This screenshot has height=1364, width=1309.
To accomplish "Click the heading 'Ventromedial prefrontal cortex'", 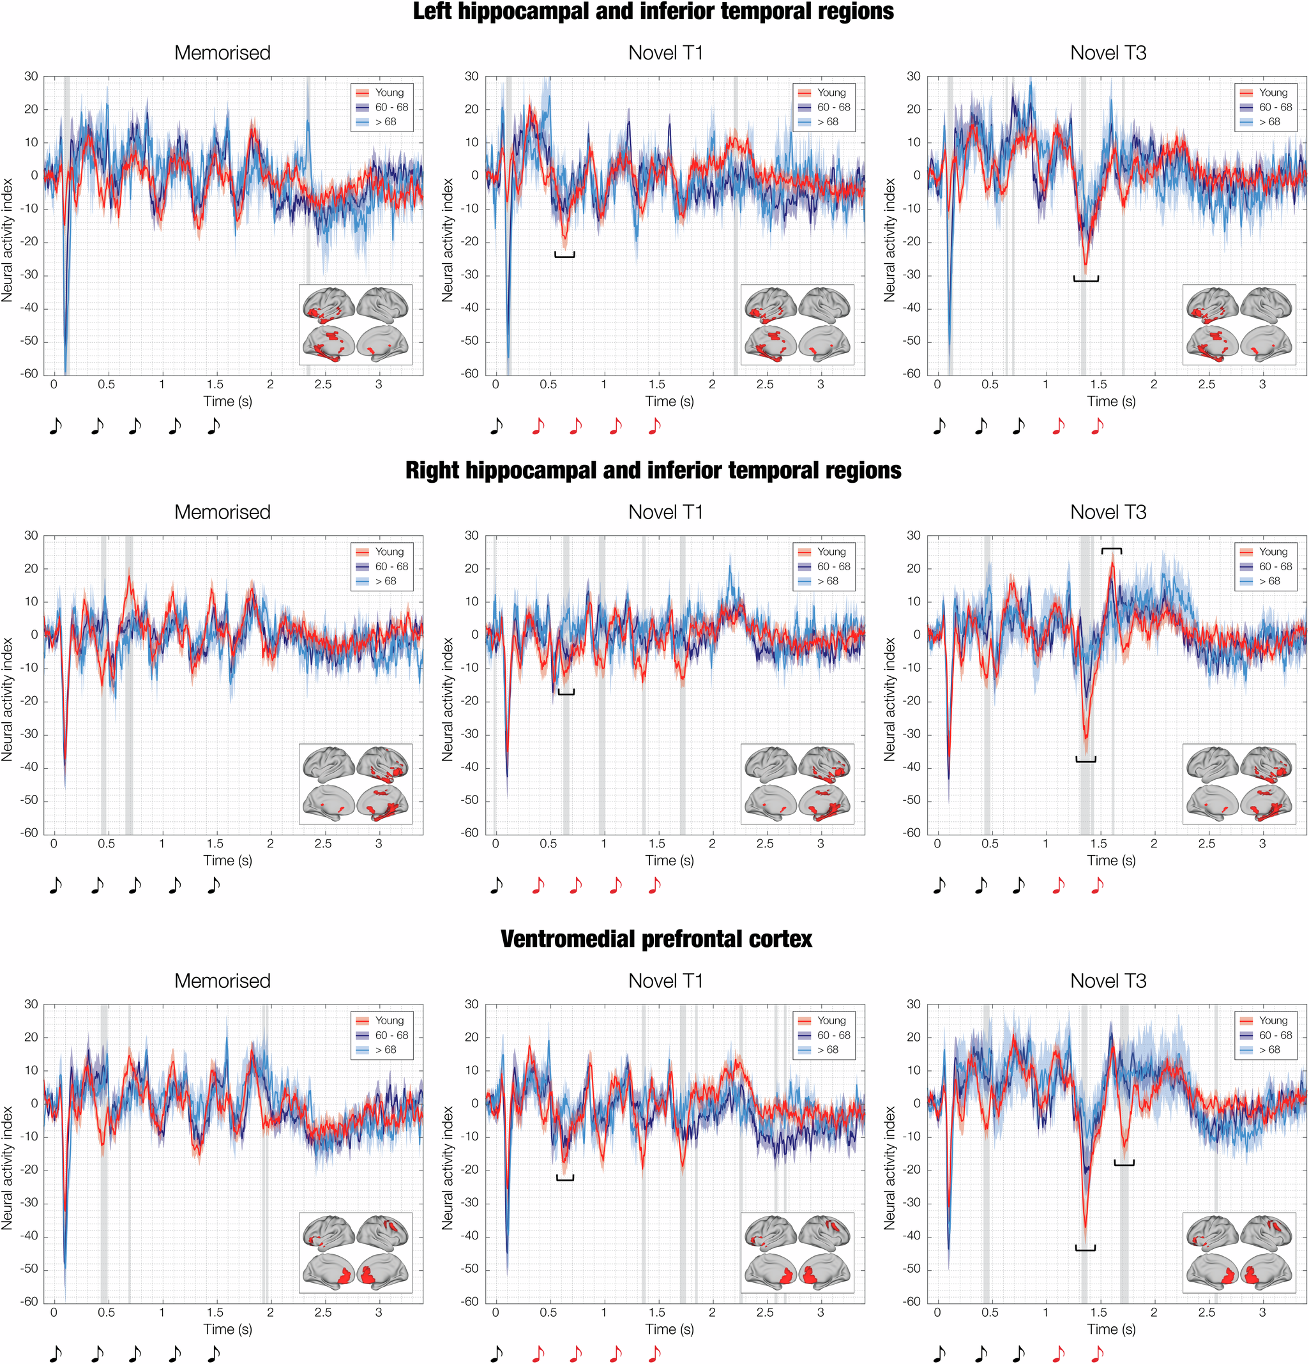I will [656, 939].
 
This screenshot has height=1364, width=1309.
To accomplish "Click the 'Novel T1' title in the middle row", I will [665, 512].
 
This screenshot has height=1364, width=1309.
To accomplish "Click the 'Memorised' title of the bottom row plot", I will [222, 981].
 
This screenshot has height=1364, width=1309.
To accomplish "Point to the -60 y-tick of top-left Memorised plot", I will [29, 374].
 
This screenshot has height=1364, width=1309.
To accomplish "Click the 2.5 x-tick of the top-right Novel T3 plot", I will [1206, 384].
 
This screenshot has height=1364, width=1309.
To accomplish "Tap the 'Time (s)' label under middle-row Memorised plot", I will [227, 860].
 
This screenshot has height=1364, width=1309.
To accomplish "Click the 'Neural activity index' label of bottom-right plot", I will [889, 1168].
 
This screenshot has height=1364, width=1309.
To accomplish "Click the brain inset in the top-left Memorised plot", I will [356, 324].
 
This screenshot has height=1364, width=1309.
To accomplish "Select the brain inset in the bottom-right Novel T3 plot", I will [1239, 1252].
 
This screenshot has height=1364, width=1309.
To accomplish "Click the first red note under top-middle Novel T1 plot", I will [538, 426].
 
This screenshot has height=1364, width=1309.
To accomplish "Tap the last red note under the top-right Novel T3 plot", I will [1098, 426].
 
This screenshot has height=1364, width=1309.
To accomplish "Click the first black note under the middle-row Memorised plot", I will [56, 885].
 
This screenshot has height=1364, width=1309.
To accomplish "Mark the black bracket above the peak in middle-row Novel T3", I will [1111, 550].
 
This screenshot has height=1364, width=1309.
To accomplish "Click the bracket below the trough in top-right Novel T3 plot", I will [1086, 279].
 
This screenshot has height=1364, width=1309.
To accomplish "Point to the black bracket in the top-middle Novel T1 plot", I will [564, 255].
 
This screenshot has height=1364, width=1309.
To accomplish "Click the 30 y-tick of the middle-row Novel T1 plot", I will [471, 535].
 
